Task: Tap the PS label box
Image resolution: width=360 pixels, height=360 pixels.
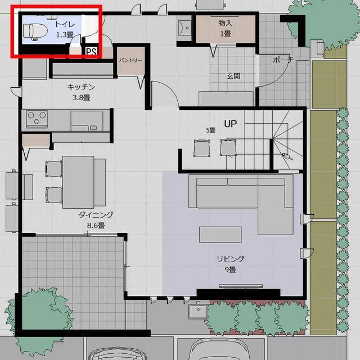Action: click(x=92, y=52)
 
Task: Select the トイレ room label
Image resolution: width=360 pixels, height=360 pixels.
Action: click(x=65, y=24)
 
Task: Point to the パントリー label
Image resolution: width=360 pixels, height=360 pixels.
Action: click(x=130, y=60)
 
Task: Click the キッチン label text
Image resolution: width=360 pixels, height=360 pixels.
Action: click(x=81, y=87)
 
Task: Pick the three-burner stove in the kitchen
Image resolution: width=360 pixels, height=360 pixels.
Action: click(x=37, y=119)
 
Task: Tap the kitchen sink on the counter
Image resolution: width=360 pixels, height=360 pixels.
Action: click(x=87, y=121)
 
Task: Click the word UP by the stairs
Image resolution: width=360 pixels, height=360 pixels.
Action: click(x=230, y=124)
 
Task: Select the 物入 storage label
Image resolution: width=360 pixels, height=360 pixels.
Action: click(x=225, y=23)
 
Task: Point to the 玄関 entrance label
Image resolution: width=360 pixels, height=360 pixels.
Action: click(x=233, y=76)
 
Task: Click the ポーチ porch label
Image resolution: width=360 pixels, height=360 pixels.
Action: click(x=283, y=60)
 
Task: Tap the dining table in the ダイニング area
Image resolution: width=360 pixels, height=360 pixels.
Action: click(x=78, y=182)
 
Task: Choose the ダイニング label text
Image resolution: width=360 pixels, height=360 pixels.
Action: click(x=96, y=215)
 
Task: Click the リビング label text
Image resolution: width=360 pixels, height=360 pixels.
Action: click(x=230, y=259)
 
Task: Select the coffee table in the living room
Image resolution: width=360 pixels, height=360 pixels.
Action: click(x=220, y=235)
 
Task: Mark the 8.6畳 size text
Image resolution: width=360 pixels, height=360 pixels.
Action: click(x=96, y=226)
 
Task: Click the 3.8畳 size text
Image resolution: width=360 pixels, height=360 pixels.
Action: click(x=81, y=97)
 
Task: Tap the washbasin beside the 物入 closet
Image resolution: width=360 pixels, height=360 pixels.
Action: click(x=184, y=28)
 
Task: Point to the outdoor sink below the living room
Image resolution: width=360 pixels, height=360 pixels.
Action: click(x=199, y=310)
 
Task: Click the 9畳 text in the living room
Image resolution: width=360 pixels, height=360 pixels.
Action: click(x=230, y=269)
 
